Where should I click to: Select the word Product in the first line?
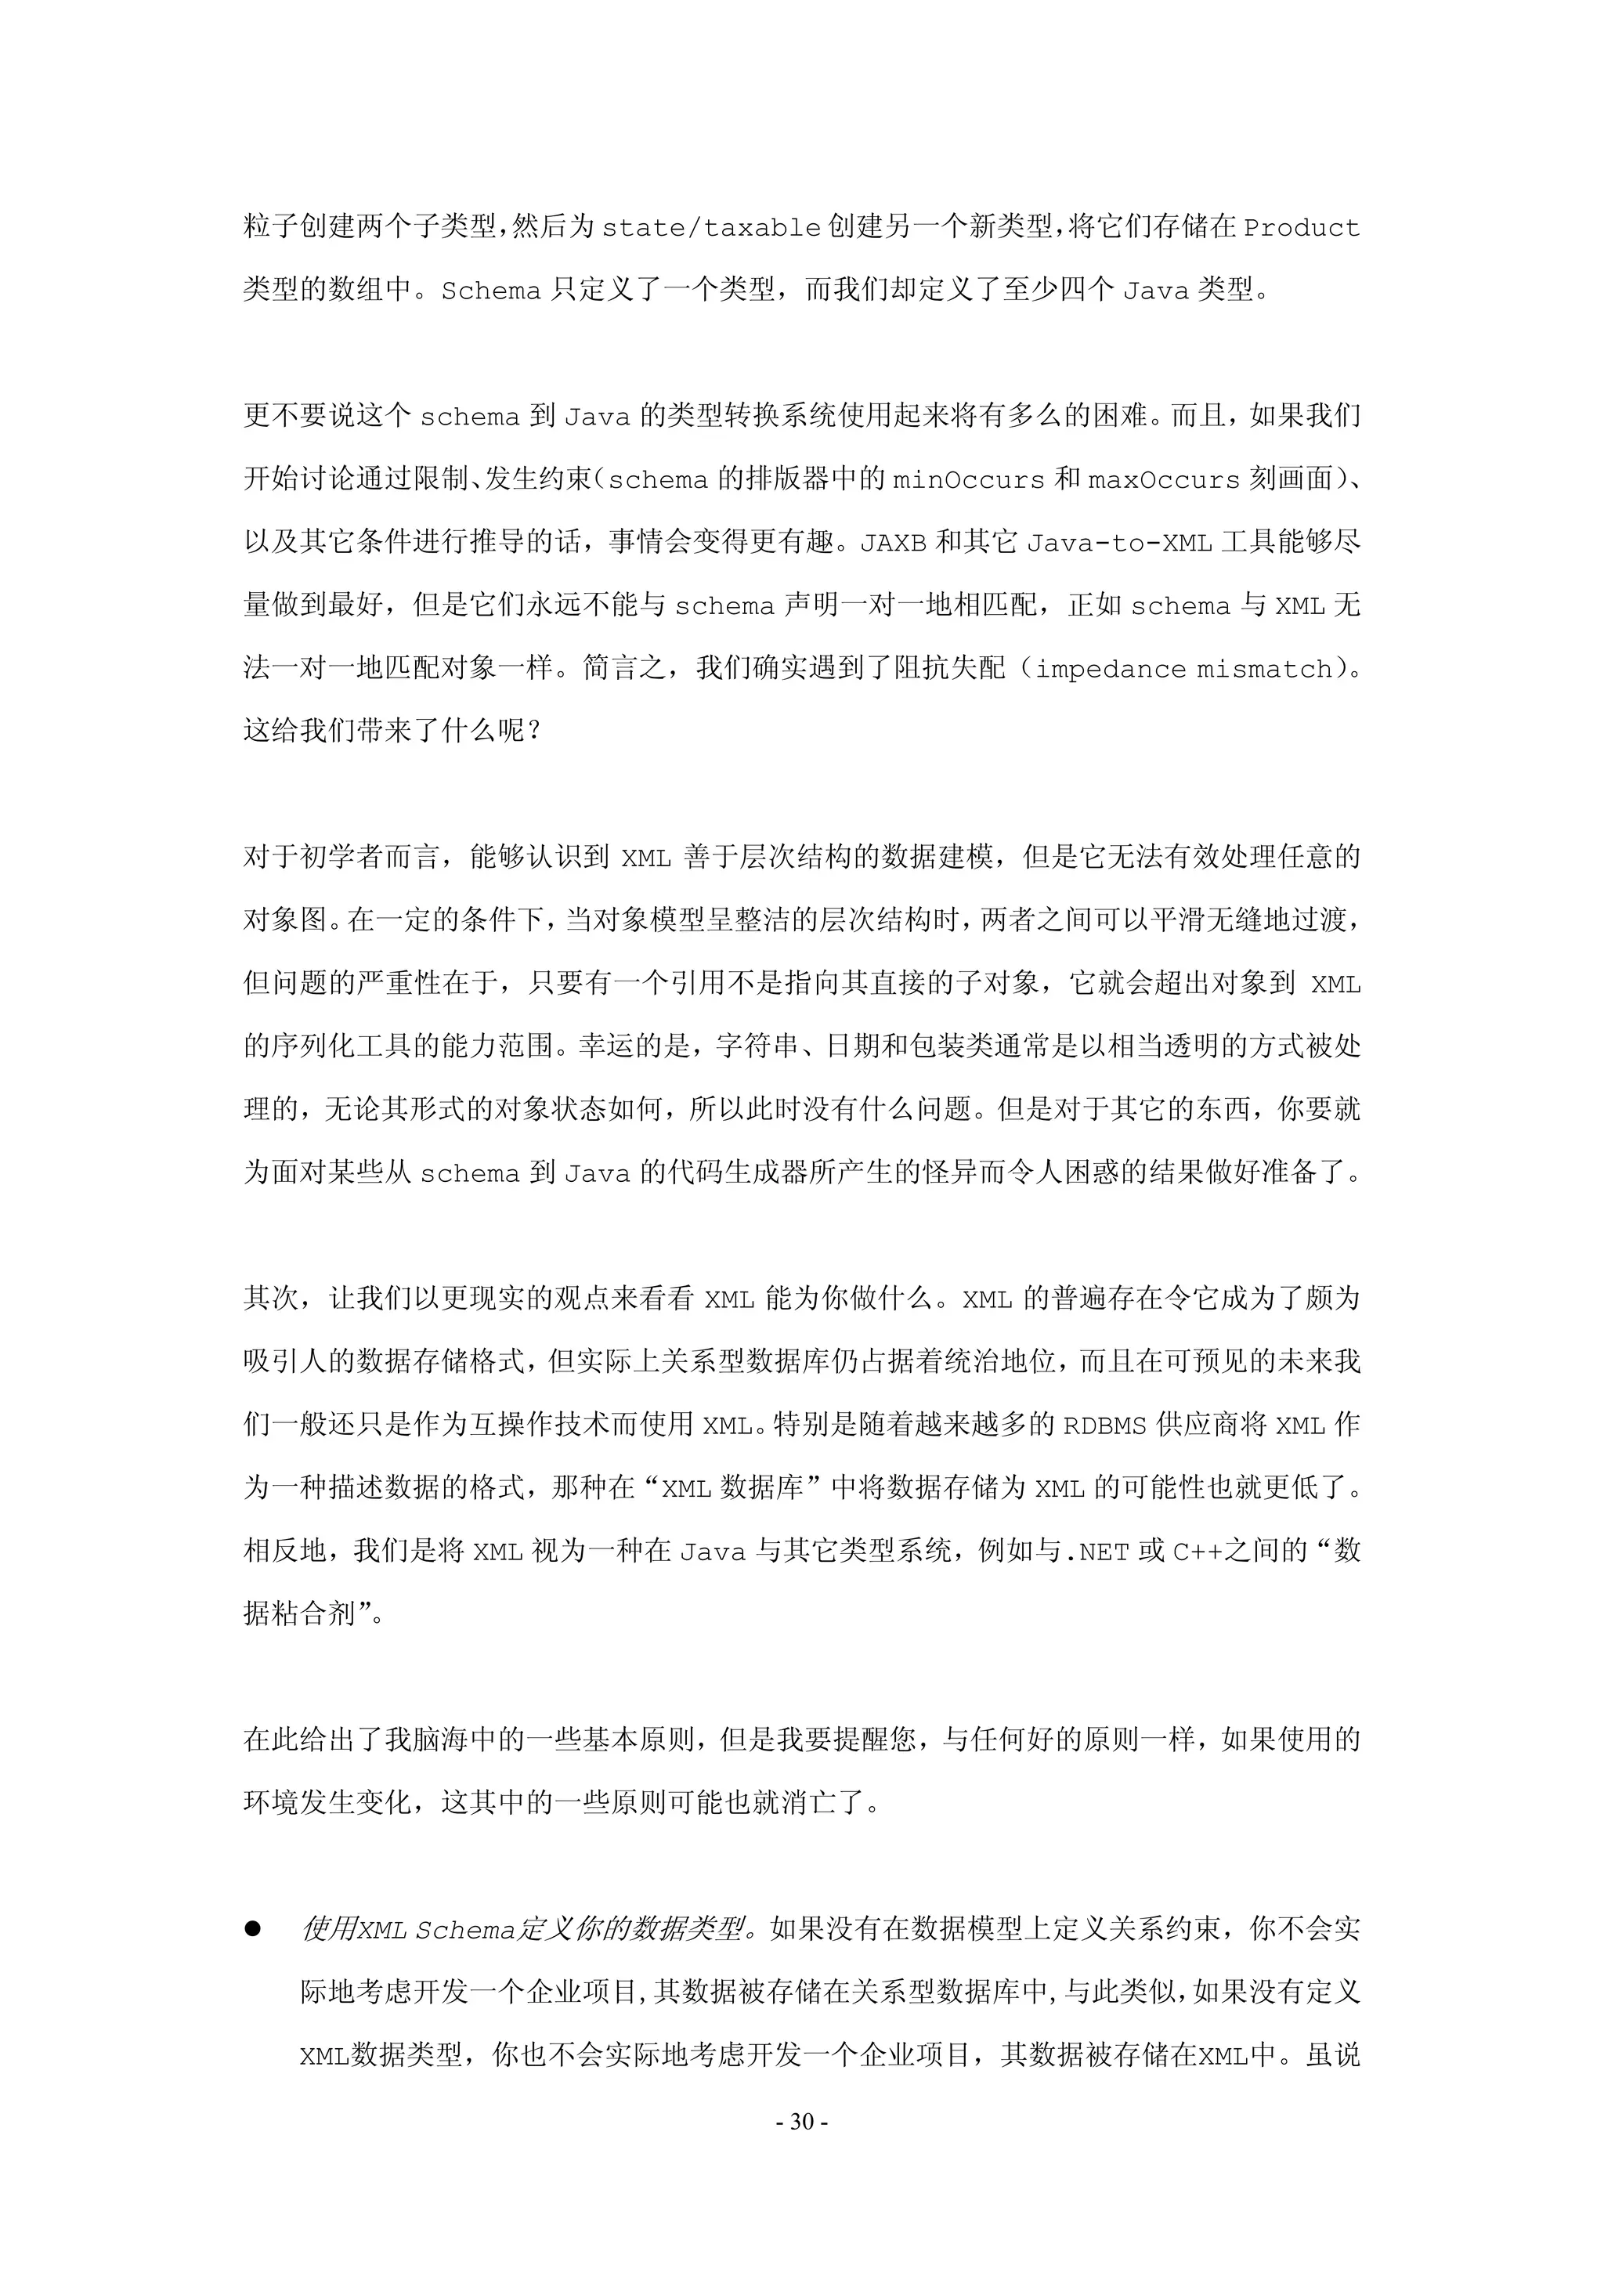pos(1301,228)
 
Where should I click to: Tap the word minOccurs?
pos(969,480)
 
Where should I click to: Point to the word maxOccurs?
pos(1163,480)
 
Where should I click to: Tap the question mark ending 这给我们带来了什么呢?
pos(535,732)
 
